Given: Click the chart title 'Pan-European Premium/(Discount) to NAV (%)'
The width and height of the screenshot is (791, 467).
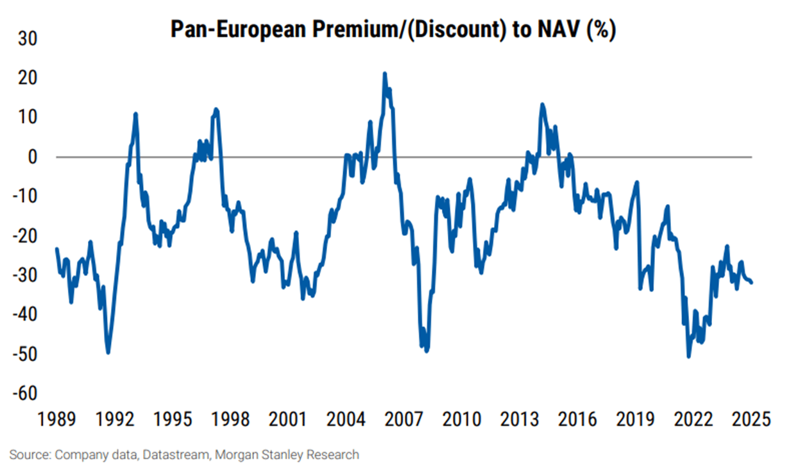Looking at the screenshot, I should click(393, 30).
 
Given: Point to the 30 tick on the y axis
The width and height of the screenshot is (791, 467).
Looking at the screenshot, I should click(26, 39).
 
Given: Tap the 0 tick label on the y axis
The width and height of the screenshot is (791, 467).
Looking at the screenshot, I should click(31, 157).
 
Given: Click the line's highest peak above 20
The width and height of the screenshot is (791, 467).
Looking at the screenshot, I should click(384, 74).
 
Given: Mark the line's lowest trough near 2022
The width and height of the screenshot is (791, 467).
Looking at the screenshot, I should click(688, 357).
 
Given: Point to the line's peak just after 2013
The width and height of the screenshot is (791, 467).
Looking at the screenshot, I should click(542, 104).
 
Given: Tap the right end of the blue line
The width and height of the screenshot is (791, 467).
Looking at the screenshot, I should click(752, 282).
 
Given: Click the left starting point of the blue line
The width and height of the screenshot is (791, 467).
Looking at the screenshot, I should click(56, 249).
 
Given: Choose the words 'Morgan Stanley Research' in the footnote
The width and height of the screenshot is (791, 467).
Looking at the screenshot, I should click(289, 455).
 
